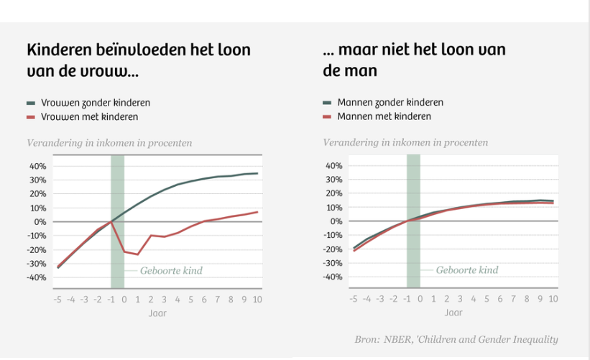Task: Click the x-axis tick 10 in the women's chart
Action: point(257,300)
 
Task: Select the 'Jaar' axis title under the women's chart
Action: point(157,313)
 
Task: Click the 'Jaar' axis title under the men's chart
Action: point(453,313)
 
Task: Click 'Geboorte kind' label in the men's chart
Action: point(467,271)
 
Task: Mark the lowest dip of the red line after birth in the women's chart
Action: point(137,254)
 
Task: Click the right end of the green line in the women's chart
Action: point(257,173)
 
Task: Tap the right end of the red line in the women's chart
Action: point(257,212)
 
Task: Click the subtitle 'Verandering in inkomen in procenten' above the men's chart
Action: point(405,142)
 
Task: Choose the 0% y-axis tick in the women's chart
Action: point(40,222)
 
